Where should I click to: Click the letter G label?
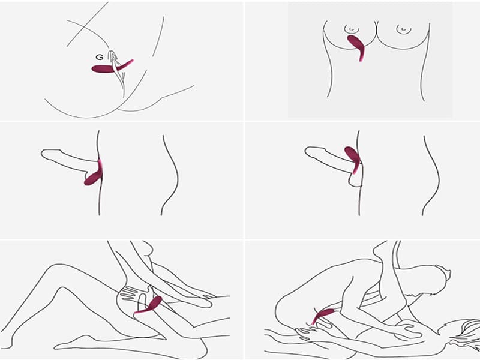click(100, 57)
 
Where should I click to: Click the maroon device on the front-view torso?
click(356, 46)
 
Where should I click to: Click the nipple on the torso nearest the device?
click(352, 29)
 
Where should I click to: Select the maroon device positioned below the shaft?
click(94, 175)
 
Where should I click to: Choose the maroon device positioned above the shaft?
click(352, 159)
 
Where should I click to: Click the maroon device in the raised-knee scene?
click(149, 305)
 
